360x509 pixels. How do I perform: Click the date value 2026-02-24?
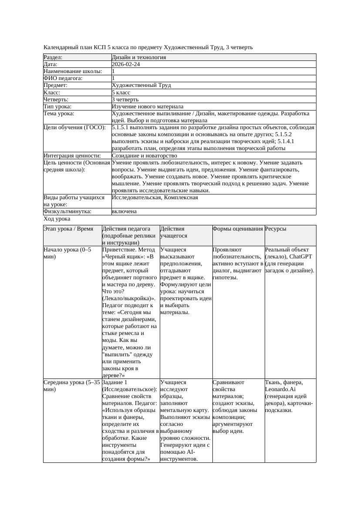click(126, 64)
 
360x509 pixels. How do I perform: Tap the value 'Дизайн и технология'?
click(139, 57)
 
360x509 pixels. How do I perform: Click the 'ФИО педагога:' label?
click(63, 78)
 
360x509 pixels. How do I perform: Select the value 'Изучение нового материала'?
click(148, 107)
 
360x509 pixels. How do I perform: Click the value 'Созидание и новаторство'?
click(145, 156)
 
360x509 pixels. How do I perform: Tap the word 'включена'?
click(124, 211)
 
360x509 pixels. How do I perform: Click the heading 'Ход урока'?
click(57, 219)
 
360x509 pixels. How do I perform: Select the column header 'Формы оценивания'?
click(238, 229)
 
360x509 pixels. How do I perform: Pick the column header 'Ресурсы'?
click(276, 229)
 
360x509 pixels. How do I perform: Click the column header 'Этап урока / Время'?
click(68, 229)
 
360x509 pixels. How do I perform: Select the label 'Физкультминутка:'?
click(67, 211)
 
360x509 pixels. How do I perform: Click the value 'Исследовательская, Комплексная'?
click(155, 198)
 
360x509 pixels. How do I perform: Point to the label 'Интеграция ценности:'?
click(72, 156)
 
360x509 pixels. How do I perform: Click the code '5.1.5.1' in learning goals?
click(121, 128)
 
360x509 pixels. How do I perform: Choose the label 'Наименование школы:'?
click(73, 71)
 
